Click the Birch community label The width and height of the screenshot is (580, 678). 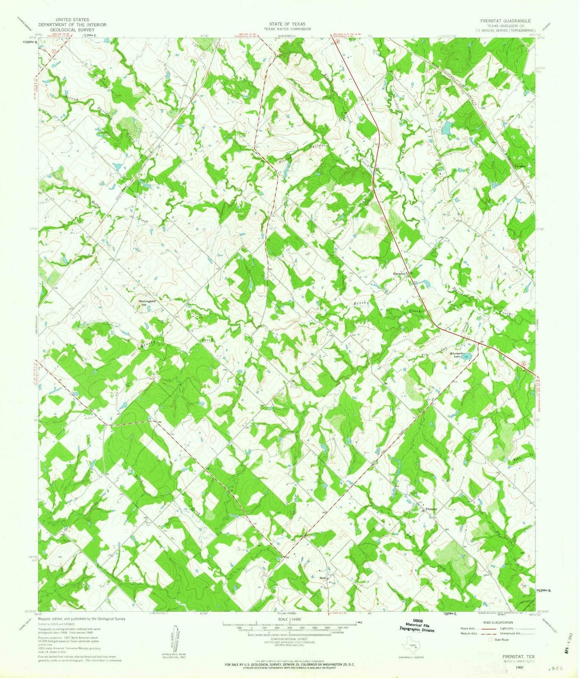pos(323,577)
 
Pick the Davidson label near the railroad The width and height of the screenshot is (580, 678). pos(520,166)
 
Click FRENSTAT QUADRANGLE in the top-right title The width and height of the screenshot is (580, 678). pos(505,20)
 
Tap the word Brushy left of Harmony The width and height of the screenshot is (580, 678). pos(362,304)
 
